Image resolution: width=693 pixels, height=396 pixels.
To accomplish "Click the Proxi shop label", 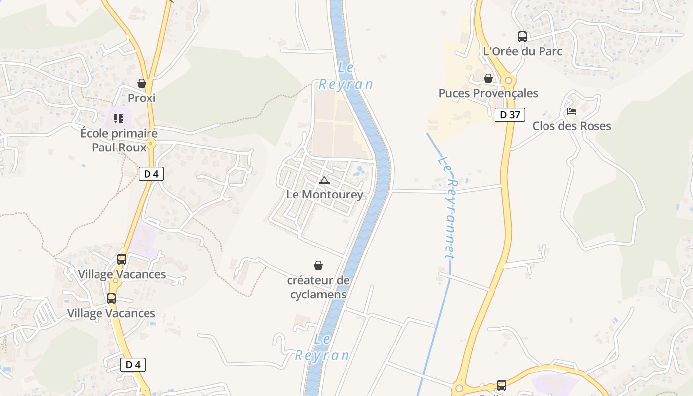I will (x=142, y=98).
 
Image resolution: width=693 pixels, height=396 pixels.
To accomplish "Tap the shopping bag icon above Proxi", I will (x=142, y=83).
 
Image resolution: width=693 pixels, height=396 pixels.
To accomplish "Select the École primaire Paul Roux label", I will (x=119, y=140).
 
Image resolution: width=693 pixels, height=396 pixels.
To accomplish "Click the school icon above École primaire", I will (x=119, y=119).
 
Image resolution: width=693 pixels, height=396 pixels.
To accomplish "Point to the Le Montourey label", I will (x=325, y=195).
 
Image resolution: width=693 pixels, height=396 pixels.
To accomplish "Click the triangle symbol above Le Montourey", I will (x=324, y=180).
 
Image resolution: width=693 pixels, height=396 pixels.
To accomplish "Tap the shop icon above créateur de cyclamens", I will (x=318, y=266).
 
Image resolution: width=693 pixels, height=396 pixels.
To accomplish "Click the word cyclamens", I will (x=318, y=295).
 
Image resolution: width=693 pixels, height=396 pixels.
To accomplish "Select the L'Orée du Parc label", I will (x=522, y=51).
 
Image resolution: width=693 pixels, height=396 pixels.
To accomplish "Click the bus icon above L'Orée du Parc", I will (x=522, y=36).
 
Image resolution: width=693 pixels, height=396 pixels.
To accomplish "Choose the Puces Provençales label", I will (x=488, y=93).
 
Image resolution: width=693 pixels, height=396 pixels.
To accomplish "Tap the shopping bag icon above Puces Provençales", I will (x=488, y=78).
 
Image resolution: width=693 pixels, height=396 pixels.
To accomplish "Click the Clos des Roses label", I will (x=572, y=126).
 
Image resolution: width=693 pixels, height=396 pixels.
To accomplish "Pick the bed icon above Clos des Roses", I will (x=572, y=111).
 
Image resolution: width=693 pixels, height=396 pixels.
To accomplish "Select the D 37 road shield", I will (x=510, y=115).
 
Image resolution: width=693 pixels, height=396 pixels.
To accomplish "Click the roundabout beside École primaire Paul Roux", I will (x=151, y=144).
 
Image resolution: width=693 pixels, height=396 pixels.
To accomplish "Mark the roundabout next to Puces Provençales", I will (x=508, y=81).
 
